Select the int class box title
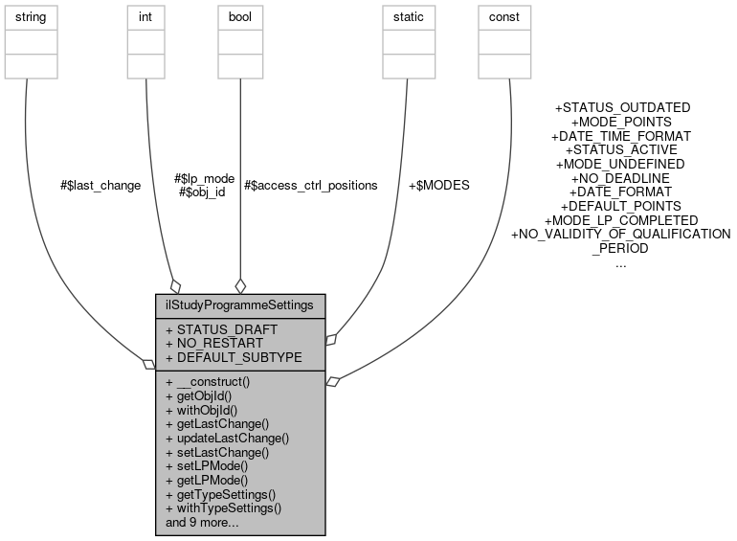(x=145, y=17)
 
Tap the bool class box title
(x=240, y=17)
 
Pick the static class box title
(x=409, y=17)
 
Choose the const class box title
(x=503, y=17)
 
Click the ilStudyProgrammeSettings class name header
(x=240, y=306)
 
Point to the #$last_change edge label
(x=100, y=185)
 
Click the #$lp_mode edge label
(x=204, y=178)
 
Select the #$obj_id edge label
(x=202, y=192)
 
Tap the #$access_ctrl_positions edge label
(x=311, y=185)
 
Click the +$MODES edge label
(x=439, y=185)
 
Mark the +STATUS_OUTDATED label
(x=622, y=108)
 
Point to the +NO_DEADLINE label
(x=620, y=178)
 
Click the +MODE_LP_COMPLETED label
(x=620, y=220)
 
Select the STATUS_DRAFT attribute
(x=221, y=329)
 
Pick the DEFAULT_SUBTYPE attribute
(x=234, y=357)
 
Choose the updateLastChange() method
(x=227, y=438)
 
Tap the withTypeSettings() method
(x=223, y=508)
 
